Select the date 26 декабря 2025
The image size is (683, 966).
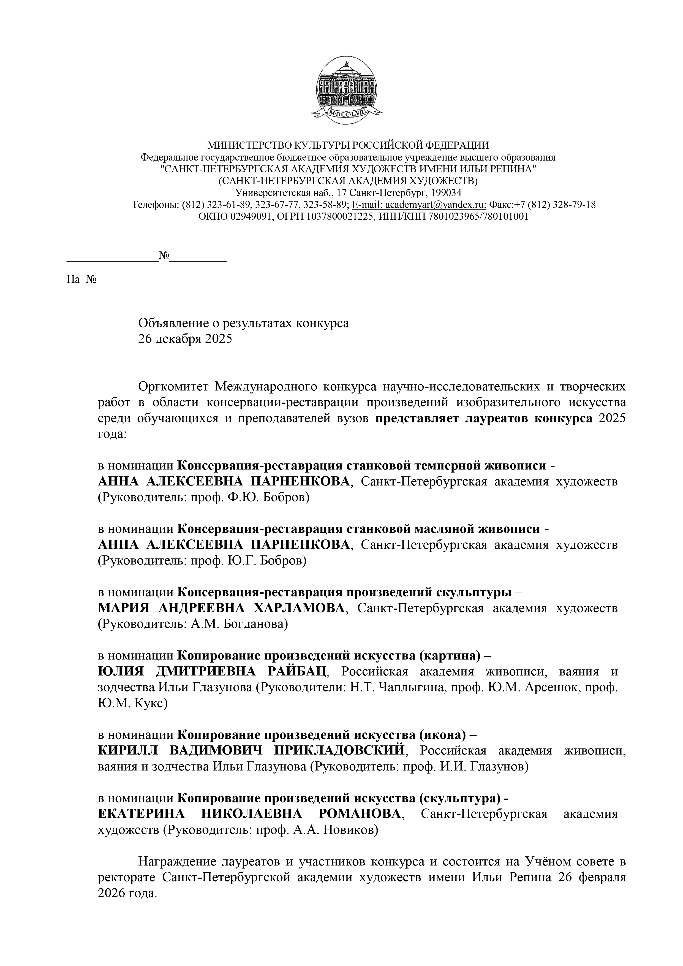pyautogui.click(x=185, y=339)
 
